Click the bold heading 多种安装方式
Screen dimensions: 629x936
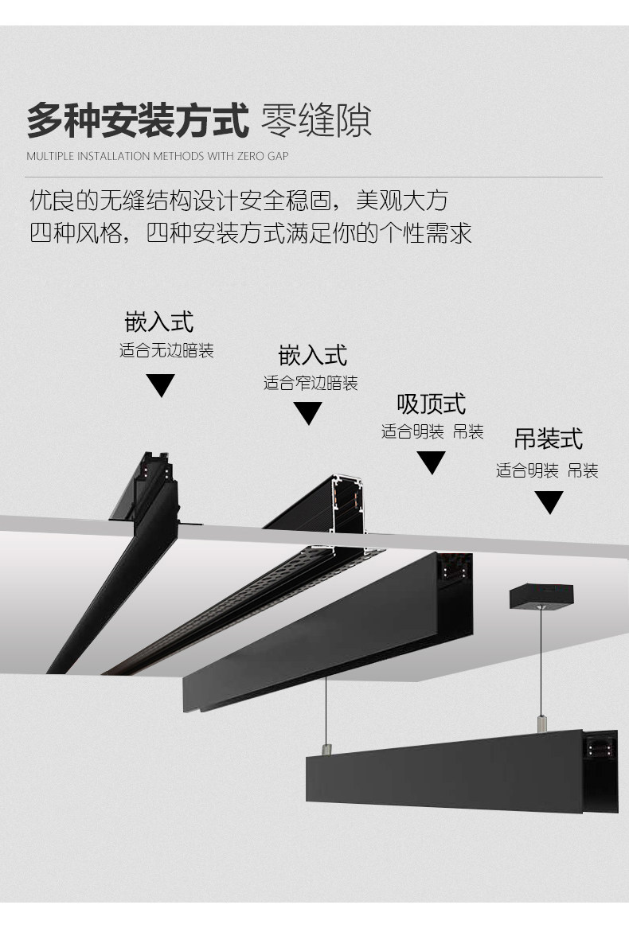138,121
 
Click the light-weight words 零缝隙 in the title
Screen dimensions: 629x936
316,121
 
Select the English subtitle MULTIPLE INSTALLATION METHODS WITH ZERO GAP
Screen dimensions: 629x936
158,156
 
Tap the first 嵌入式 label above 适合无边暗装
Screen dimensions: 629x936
159,322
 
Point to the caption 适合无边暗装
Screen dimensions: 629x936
166,350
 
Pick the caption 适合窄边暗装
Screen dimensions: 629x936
311,384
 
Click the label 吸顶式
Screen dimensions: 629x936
432,404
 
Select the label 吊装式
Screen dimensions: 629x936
549,439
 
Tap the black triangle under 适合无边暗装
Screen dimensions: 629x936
161,385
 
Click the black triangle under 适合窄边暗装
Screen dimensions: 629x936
308,413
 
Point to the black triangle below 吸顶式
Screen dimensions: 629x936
432,462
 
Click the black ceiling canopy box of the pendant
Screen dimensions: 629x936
541,596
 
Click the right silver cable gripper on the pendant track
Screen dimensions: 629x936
541,723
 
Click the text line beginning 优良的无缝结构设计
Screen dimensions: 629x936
239,201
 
